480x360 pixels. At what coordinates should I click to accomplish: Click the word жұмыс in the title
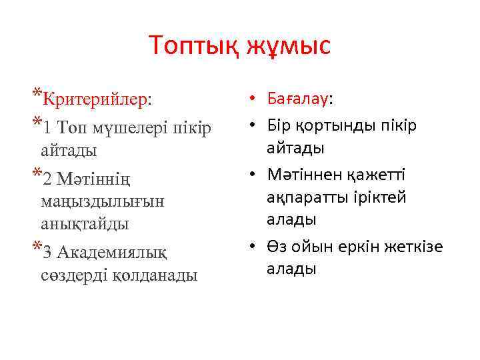pos(288,46)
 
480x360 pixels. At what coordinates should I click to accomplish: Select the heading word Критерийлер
pos(95,99)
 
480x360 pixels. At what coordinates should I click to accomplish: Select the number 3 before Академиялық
pos(46,252)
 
